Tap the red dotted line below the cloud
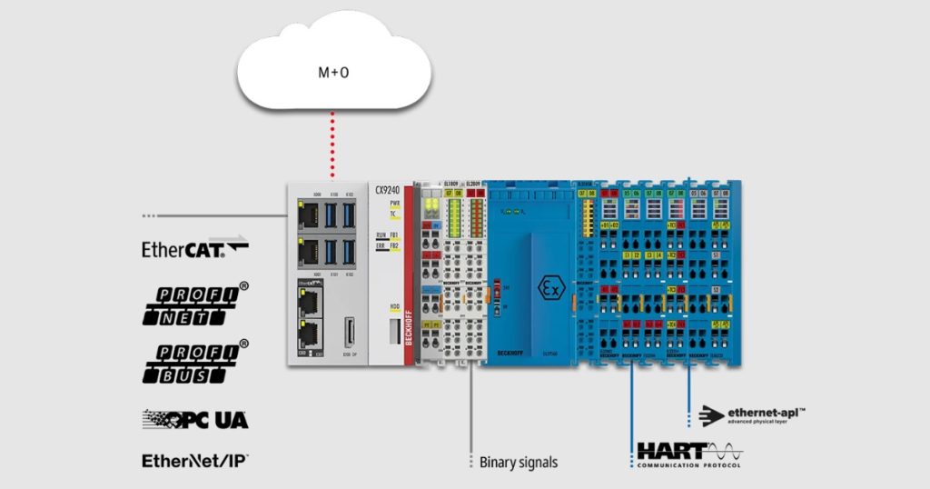[332, 145]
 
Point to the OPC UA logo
[195, 419]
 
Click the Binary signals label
[519, 462]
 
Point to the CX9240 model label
[388, 190]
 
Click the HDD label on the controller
[395, 306]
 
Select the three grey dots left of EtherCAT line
[149, 216]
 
